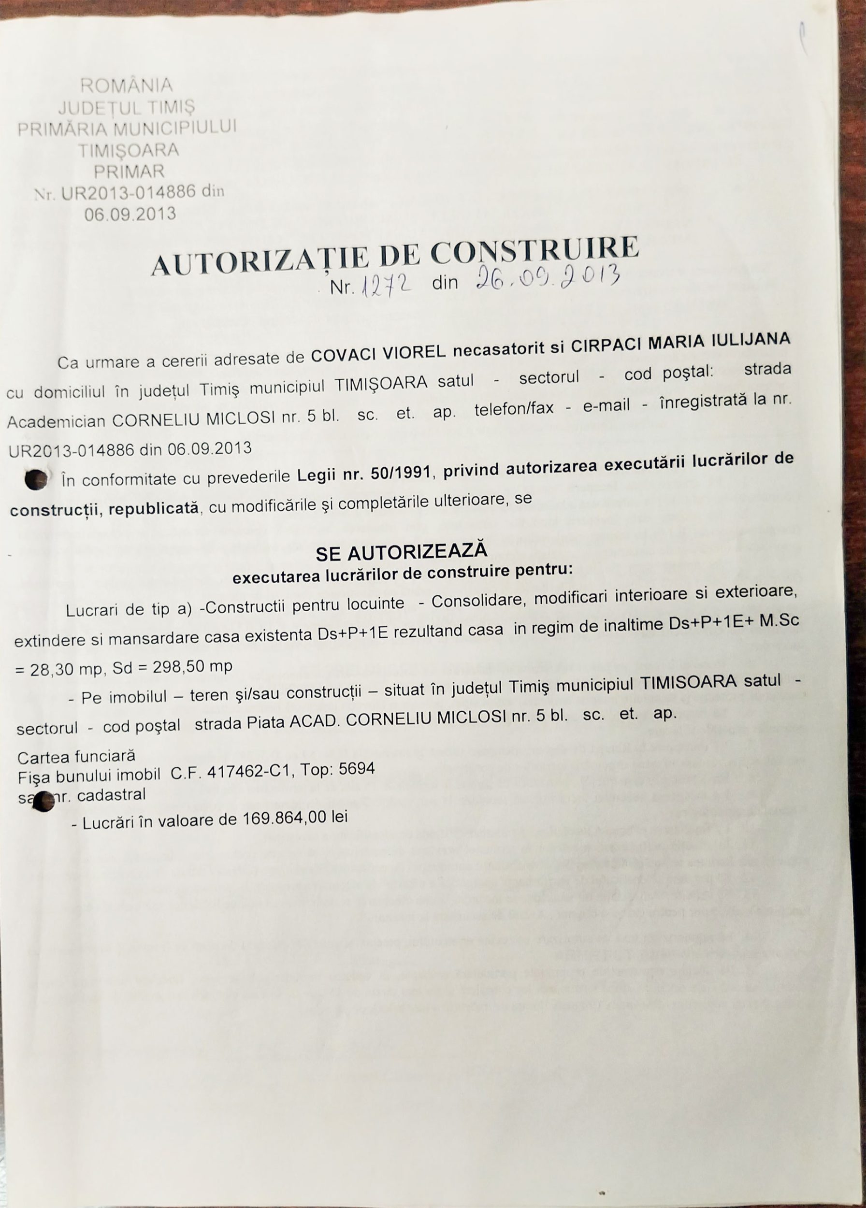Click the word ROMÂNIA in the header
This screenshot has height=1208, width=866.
point(127,85)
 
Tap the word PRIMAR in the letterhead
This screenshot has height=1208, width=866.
point(130,172)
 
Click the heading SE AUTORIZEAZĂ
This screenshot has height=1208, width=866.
point(401,551)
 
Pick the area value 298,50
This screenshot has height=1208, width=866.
point(179,667)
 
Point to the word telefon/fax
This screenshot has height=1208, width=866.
point(513,408)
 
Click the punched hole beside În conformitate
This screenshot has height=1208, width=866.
point(37,479)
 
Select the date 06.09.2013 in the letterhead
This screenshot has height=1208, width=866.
point(130,214)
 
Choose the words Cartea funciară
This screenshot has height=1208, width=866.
point(76,755)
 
